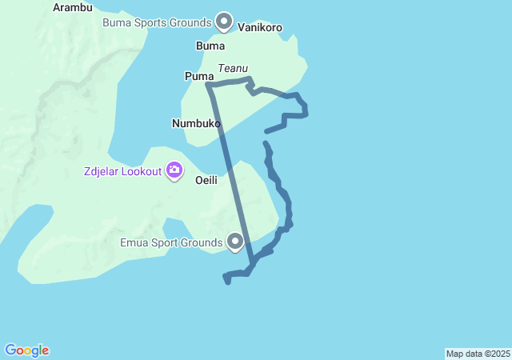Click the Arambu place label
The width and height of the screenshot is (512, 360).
click(x=73, y=7)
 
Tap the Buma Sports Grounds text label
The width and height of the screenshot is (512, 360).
click(x=157, y=22)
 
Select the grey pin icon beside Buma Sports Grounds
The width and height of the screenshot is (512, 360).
click(x=224, y=22)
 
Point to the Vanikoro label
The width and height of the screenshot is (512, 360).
click(x=260, y=27)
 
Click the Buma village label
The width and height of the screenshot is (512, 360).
click(x=210, y=46)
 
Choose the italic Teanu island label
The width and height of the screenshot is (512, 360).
click(x=233, y=69)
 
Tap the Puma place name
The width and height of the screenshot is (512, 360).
click(x=198, y=76)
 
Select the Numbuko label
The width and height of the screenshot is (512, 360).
click(x=196, y=123)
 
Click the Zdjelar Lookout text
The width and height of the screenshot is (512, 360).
click(x=121, y=170)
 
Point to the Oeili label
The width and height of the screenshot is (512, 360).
click(x=206, y=180)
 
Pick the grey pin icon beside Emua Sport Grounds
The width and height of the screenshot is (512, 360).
click(x=235, y=241)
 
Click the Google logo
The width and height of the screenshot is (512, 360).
click(x=26, y=350)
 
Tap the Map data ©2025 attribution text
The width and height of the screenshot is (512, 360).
click(x=478, y=354)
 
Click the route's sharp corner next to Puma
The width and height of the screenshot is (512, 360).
click(x=208, y=84)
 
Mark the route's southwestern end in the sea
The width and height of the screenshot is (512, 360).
click(x=228, y=282)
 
